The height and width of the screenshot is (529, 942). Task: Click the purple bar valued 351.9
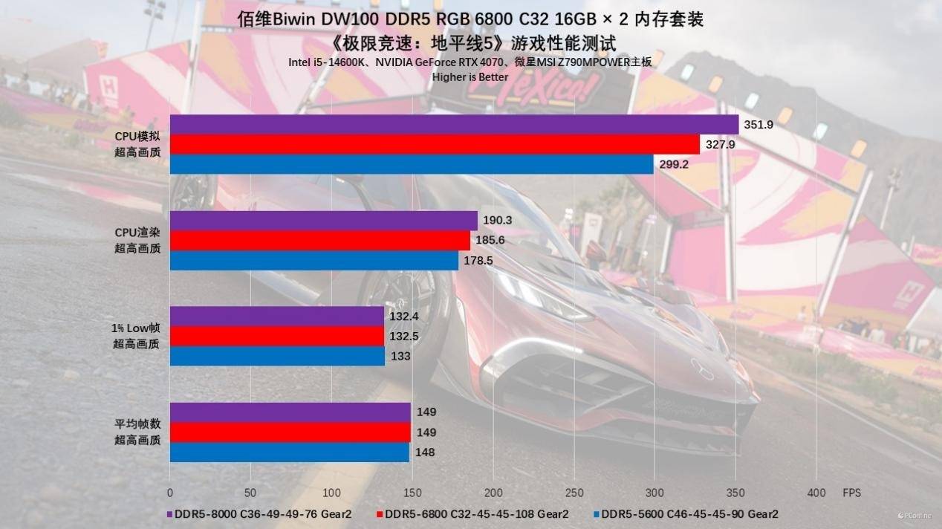pyautogui.click(x=454, y=124)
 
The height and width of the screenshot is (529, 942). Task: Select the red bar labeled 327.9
pyautogui.click(x=435, y=144)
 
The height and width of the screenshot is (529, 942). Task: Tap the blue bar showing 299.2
pyautogui.click(x=412, y=164)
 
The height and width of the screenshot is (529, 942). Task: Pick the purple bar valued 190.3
pyautogui.click(x=323, y=221)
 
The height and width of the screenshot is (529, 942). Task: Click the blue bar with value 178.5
pyautogui.click(x=314, y=261)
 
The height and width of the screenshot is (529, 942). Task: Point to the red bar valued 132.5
pyautogui.click(x=277, y=337)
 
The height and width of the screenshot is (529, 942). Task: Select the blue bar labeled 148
pyautogui.click(x=289, y=452)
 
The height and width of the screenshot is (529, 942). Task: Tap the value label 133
pyautogui.click(x=399, y=357)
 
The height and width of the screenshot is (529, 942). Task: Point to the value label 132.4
pyautogui.click(x=403, y=317)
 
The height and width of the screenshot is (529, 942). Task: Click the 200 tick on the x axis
pyautogui.click(x=493, y=492)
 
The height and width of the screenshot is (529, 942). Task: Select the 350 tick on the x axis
pyautogui.click(x=735, y=492)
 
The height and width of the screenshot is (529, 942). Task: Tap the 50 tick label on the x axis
pyautogui.click(x=250, y=492)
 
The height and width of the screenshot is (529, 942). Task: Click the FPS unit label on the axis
pyautogui.click(x=851, y=492)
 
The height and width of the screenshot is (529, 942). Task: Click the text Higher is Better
pyautogui.click(x=470, y=77)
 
